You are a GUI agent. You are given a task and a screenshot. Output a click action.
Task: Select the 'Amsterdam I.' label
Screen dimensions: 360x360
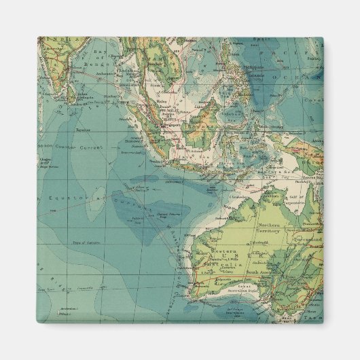[65, 305]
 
